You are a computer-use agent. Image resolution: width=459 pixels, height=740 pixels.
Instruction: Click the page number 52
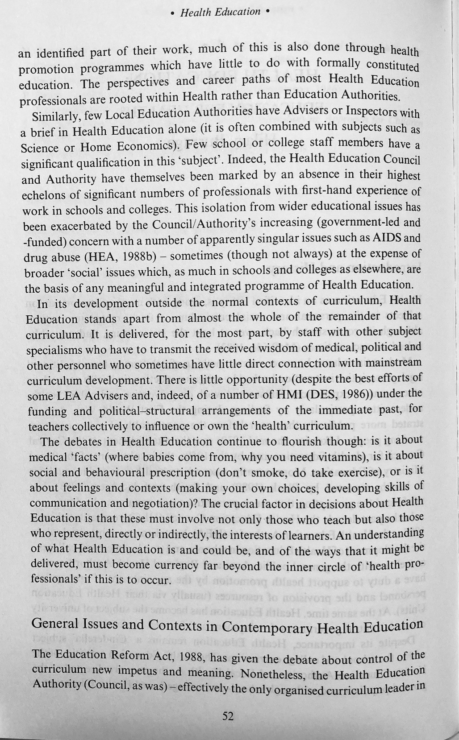pyautogui.click(x=228, y=716)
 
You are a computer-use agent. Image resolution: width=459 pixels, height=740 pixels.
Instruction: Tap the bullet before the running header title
pyautogui.click(x=173, y=13)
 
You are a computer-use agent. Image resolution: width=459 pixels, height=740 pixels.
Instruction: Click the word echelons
pyautogui.click(x=45, y=195)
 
